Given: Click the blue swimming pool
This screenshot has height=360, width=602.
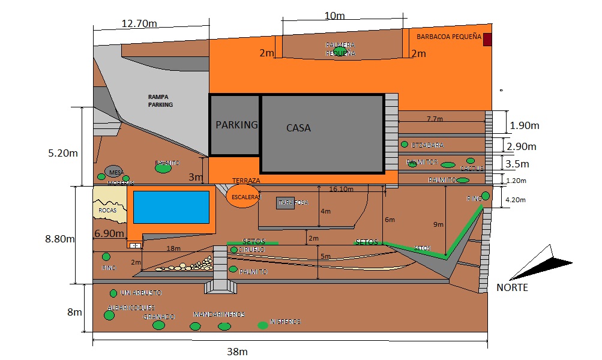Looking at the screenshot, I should coord(171,207).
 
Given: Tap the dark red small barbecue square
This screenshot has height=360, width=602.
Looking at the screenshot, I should coord(487,40).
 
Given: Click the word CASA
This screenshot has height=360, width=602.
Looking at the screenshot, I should coord(298,128).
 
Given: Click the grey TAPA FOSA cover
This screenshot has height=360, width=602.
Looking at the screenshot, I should coord(286,203).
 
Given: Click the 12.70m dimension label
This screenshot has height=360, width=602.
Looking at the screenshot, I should coord(140,24).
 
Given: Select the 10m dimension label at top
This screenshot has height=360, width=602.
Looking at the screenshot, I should coord(335,16).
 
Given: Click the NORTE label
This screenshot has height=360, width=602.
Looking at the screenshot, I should coord(512,287).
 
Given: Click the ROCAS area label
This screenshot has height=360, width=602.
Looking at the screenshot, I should coord(108,211).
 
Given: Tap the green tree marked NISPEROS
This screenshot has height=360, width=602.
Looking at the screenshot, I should coord(263,325).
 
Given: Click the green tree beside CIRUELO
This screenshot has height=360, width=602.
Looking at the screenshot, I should coord(234,250).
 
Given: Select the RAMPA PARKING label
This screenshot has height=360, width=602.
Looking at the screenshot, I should coord(160,100).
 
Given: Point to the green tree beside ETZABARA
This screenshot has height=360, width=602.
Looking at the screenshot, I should coord(405,145).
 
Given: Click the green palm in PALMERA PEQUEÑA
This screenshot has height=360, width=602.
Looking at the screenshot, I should coord(340,50).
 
